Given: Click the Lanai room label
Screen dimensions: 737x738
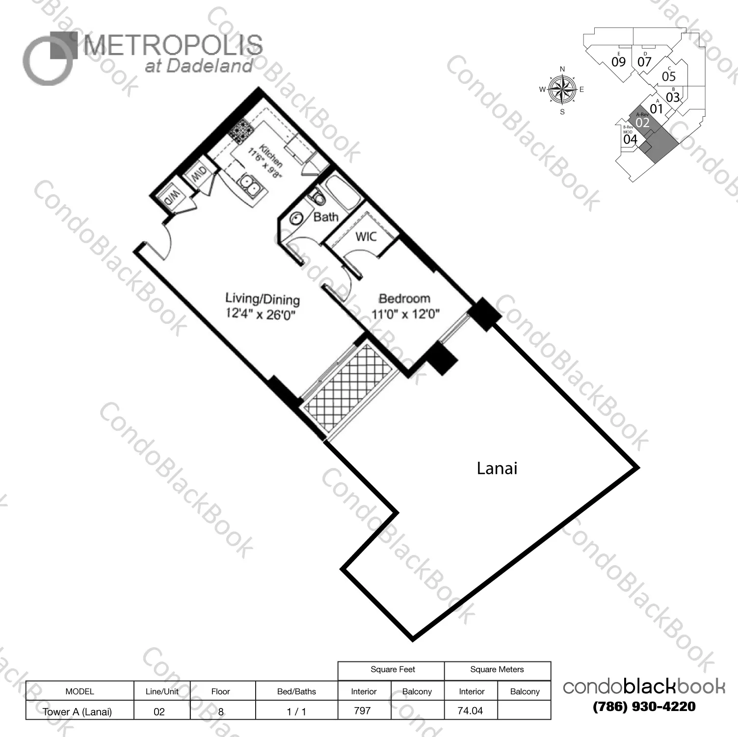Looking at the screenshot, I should (x=497, y=468).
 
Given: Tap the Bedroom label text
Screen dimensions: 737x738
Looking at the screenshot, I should (x=404, y=298).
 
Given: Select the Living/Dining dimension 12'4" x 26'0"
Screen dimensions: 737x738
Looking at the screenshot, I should (x=261, y=314).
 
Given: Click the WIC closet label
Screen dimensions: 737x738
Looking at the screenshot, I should (x=366, y=237).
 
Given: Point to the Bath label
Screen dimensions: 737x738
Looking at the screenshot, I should (x=326, y=217).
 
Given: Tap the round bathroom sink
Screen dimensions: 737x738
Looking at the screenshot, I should (x=296, y=219).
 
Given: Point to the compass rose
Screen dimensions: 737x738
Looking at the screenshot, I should (x=562, y=90).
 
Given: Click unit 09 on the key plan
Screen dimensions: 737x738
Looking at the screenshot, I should (x=618, y=61).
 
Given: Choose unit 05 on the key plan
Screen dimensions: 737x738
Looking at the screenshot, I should (x=668, y=76).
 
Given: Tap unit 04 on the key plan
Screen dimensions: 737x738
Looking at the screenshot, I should (x=630, y=139).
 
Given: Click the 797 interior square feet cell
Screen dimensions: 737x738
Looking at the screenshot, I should (x=363, y=711).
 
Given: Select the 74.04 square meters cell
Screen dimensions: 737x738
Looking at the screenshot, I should (x=470, y=711).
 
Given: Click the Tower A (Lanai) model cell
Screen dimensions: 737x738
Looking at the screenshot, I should (x=78, y=711).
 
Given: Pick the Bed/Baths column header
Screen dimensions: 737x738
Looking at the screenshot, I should (x=296, y=691).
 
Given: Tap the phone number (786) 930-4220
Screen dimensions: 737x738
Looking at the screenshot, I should (x=644, y=707).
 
